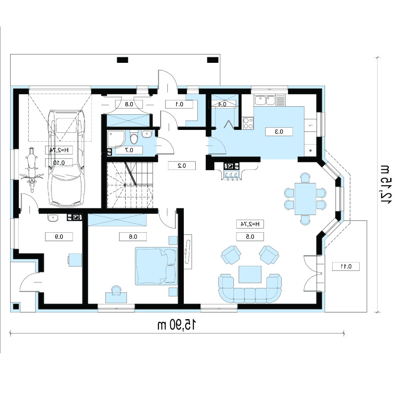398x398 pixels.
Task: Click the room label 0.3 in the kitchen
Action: (x=279, y=132)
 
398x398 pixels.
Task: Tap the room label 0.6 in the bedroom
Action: (x=133, y=237)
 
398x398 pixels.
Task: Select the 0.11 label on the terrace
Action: (x=346, y=266)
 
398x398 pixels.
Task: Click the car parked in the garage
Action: (x=67, y=158)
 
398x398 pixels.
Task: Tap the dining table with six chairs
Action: (x=305, y=199)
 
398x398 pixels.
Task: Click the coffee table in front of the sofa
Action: (x=250, y=274)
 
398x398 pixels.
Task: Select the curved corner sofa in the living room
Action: (x=250, y=289)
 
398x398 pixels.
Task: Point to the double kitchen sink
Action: (x=265, y=100)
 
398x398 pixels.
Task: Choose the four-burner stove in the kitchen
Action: (x=248, y=123)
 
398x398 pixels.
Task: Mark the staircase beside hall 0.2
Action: (x=130, y=185)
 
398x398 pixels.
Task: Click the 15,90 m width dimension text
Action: (x=177, y=325)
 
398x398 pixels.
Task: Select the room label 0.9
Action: (x=59, y=237)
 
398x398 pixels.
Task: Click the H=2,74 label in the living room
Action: (x=250, y=224)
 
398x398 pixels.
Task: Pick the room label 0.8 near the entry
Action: (x=129, y=104)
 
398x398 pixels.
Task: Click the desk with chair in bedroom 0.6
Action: (x=116, y=294)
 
